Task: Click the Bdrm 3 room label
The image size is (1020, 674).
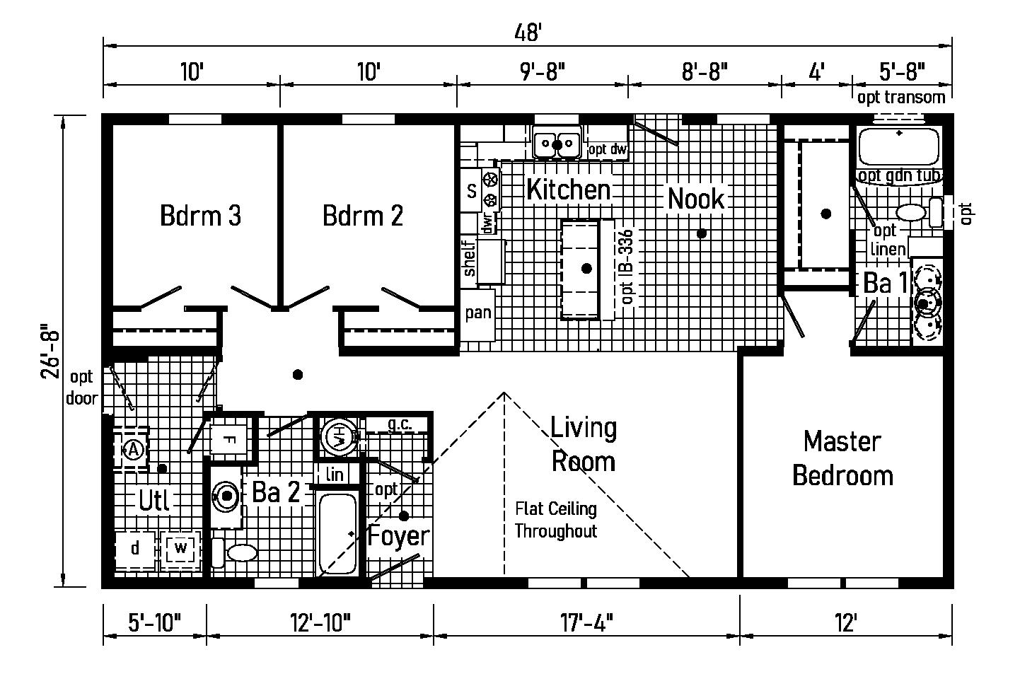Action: pos(200,216)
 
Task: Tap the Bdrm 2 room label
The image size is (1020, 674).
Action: pos(363,216)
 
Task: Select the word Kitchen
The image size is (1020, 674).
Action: pos(568,190)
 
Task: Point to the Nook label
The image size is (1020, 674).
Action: pos(696,199)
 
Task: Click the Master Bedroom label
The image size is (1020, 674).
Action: pos(842,458)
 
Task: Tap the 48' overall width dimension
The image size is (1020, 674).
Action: pos(528,33)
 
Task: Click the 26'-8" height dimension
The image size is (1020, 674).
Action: pos(50,351)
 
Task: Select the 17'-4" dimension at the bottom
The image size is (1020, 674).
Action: pos(586,622)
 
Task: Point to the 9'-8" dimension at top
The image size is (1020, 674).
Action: pos(543,71)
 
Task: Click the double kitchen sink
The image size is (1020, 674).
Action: pos(557,143)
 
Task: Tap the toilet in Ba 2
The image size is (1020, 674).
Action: pos(236,553)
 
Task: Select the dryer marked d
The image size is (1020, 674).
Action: pos(135,550)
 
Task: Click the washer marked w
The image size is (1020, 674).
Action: pos(181,549)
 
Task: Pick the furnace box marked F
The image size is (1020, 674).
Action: pos(229,440)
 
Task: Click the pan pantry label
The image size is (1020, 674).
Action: pos(478,313)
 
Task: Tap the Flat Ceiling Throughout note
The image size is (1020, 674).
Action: pos(555,520)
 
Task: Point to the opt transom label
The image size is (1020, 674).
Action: pos(901,98)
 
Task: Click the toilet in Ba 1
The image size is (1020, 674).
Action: pos(919,212)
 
